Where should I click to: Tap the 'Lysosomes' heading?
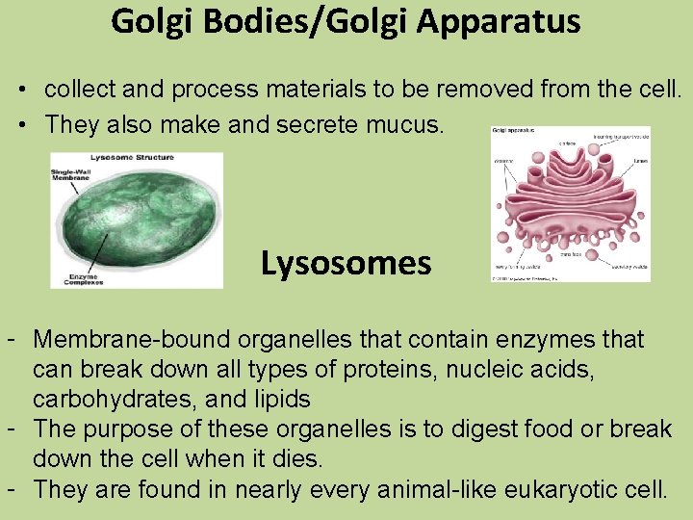click(x=346, y=263)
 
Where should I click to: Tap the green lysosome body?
click(x=144, y=220)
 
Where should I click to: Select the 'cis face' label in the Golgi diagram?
click(x=568, y=144)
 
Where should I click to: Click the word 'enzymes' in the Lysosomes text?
click(x=529, y=339)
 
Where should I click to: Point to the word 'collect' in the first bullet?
click(x=77, y=91)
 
